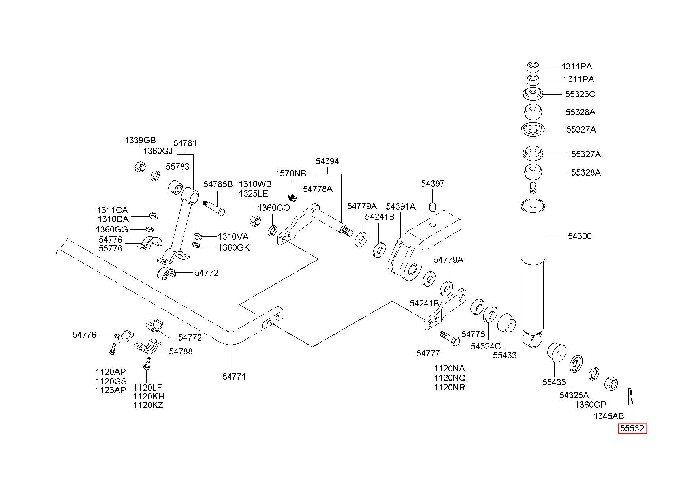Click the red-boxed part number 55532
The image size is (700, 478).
(x=632, y=429)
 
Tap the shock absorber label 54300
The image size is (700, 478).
(x=580, y=236)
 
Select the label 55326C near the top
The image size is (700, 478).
(x=580, y=94)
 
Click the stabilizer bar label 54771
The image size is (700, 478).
(x=234, y=377)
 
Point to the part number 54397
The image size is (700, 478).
(x=433, y=184)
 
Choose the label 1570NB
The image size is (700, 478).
(x=291, y=174)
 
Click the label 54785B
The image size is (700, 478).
(x=218, y=184)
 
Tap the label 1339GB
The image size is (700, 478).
(x=140, y=140)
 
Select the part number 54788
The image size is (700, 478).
(x=181, y=351)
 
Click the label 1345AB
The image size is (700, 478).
(x=609, y=416)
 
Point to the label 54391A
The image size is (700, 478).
(x=401, y=206)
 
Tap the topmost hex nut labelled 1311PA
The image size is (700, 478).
(x=533, y=67)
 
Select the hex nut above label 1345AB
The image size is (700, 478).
(x=611, y=383)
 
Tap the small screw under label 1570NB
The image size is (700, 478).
(x=292, y=196)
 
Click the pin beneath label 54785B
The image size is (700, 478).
(x=214, y=208)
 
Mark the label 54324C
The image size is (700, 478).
(x=485, y=346)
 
